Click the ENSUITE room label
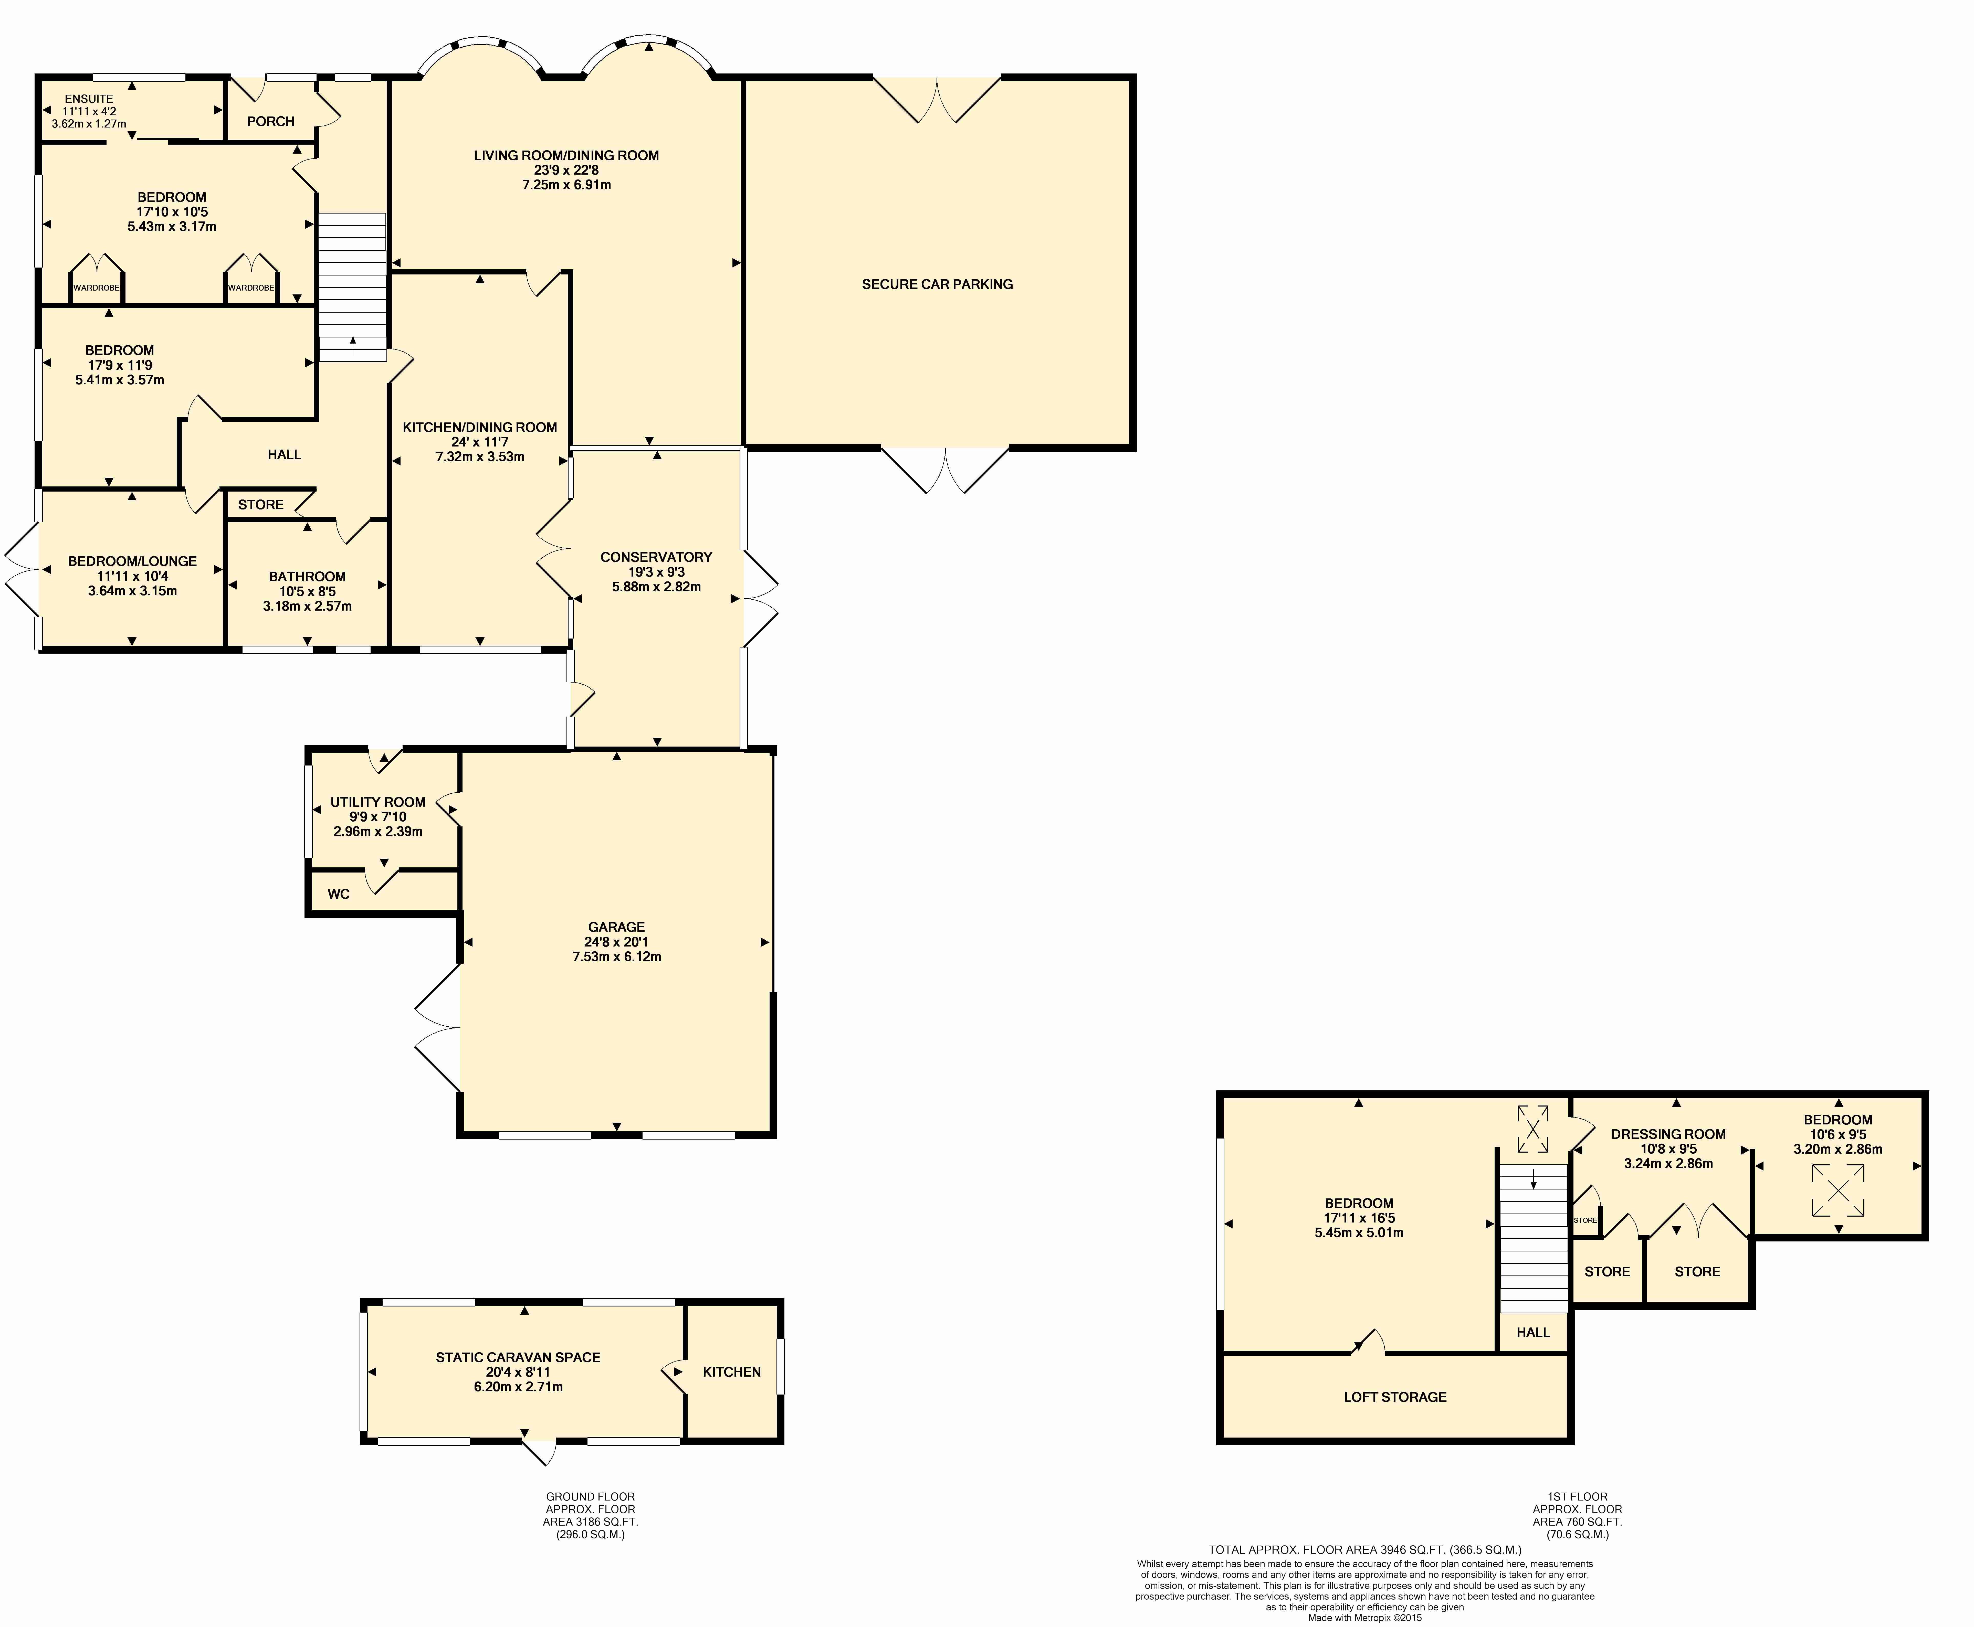click(89, 98)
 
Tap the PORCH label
click(271, 121)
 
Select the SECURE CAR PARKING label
click(937, 284)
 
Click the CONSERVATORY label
click(656, 557)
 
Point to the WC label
click(338, 894)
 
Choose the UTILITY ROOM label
click(378, 802)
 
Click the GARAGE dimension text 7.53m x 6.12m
click(617, 957)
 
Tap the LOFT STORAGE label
click(1395, 1396)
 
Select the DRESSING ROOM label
click(1668, 1134)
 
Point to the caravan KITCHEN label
click(732, 1372)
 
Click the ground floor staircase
click(352, 287)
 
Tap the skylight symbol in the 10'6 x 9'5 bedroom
click(1838, 1190)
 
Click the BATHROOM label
click(307, 576)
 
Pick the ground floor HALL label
click(284, 454)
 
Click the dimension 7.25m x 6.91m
click(566, 185)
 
